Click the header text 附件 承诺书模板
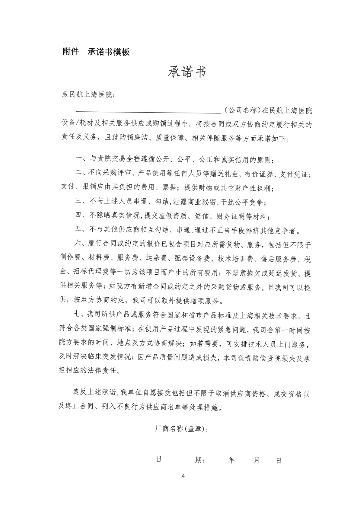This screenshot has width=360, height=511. tap(96, 52)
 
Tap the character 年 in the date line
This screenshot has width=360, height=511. tap(231, 460)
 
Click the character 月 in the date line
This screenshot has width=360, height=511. tap(256, 460)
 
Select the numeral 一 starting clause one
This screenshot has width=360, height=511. tap(79, 159)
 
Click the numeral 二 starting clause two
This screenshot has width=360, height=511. tap(79, 174)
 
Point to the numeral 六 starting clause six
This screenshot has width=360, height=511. tap(78, 245)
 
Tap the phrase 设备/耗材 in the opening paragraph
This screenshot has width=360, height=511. tap(76, 125)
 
